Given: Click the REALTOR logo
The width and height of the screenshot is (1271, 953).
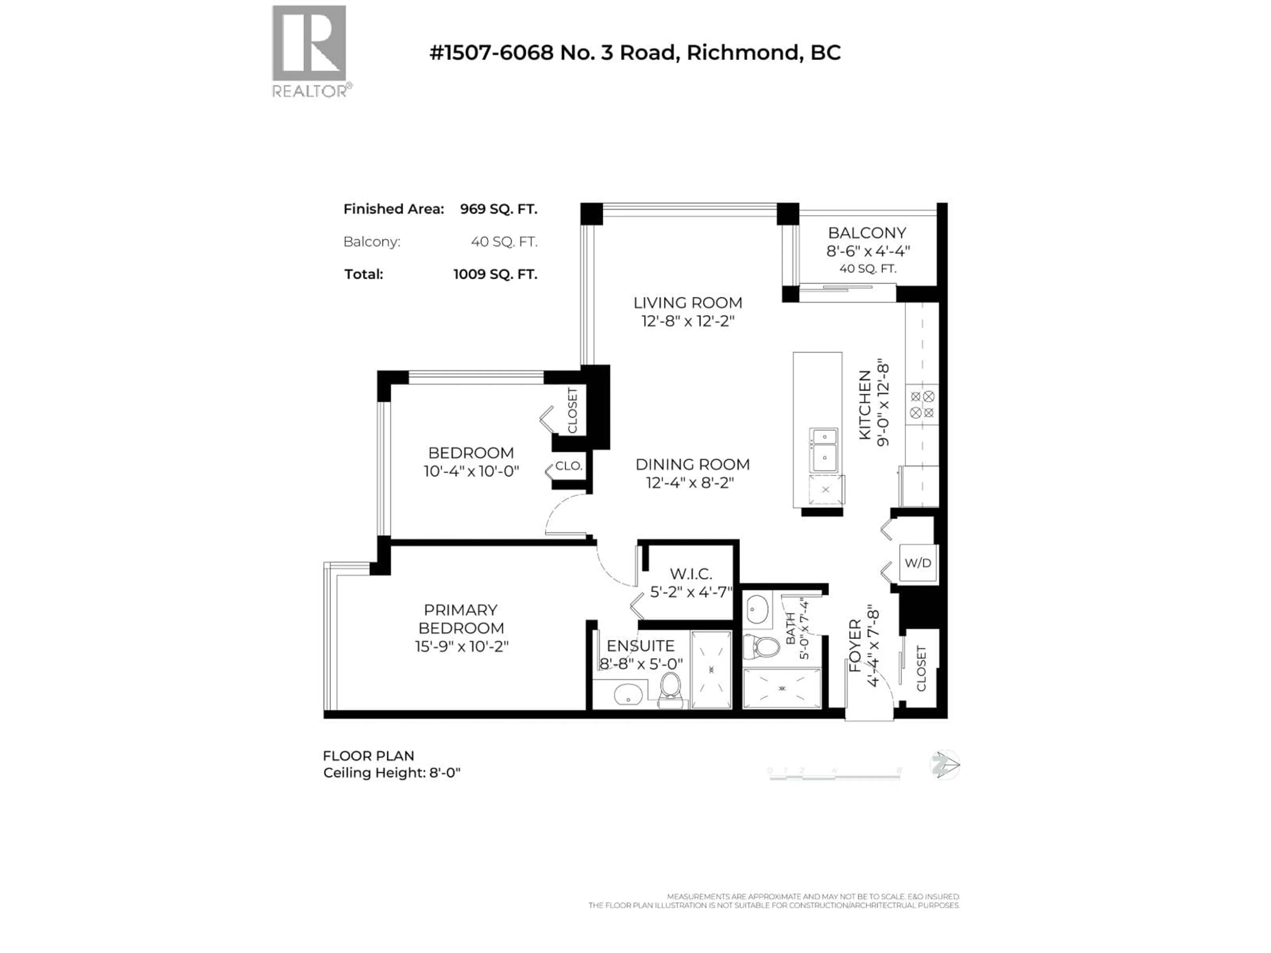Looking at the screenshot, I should click(x=310, y=51).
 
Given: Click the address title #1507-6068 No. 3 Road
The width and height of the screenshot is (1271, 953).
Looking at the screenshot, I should click(x=635, y=53).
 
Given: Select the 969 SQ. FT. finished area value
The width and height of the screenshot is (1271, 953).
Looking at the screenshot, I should click(x=498, y=209).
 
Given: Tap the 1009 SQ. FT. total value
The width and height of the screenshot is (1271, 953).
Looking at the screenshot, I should click(x=495, y=275).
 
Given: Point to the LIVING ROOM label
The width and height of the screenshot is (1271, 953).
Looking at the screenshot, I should click(x=688, y=303).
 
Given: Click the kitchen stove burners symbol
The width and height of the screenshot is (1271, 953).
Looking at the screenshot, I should click(x=922, y=404).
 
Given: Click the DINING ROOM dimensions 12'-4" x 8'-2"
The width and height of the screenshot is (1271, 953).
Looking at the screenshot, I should click(x=690, y=483).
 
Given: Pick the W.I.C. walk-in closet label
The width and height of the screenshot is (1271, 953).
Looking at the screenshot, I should click(x=691, y=574).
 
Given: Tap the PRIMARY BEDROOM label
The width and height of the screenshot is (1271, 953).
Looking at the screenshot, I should click(x=461, y=619).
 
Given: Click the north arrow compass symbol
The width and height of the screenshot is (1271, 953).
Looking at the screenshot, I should click(x=944, y=766).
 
